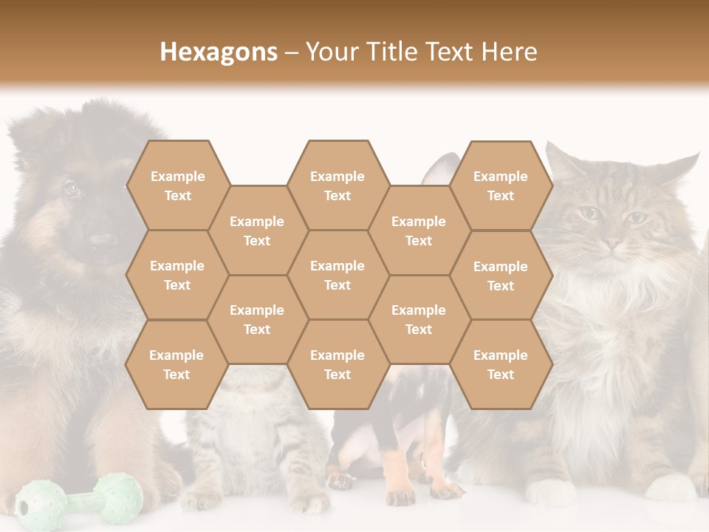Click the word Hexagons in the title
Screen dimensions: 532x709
(x=219, y=52)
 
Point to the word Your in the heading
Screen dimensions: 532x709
(x=331, y=52)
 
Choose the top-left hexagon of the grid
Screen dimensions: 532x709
(x=177, y=185)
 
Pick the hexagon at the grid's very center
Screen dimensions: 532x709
(x=338, y=275)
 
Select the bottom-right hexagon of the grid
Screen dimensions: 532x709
(x=501, y=364)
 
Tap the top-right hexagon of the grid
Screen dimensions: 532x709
(x=501, y=185)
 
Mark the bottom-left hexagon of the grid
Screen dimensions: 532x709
(x=177, y=364)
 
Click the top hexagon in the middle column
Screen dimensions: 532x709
(x=338, y=185)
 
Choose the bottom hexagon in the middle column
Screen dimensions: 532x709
(x=338, y=364)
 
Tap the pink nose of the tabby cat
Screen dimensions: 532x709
(x=613, y=242)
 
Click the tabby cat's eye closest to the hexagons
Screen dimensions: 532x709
(x=589, y=214)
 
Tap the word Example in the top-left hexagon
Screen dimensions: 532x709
(x=177, y=176)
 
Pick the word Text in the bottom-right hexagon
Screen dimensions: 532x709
(x=501, y=375)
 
